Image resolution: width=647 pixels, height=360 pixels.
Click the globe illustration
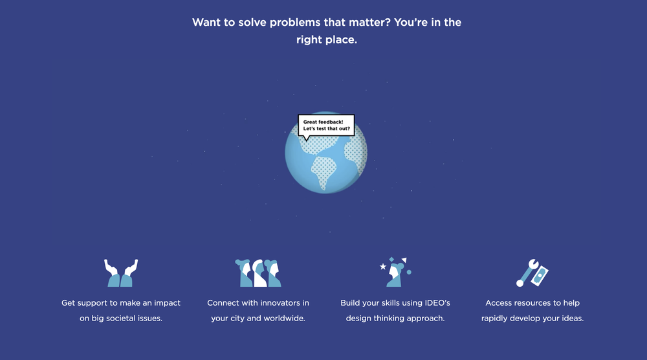coord(326,155)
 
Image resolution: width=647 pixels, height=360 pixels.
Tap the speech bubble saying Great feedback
coord(326,125)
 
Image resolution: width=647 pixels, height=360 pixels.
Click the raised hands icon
coord(121,273)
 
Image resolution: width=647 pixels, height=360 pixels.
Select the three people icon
coord(258,273)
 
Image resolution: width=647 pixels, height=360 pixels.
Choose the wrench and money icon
coord(532,273)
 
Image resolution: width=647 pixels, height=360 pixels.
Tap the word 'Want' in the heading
coord(205,23)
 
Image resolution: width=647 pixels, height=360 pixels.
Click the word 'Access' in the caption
coord(499,303)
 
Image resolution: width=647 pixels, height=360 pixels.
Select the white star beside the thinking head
coord(383,266)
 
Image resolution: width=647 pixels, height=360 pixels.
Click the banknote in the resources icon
coord(540,275)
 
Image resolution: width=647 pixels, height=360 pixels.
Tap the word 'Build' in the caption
coord(351,303)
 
